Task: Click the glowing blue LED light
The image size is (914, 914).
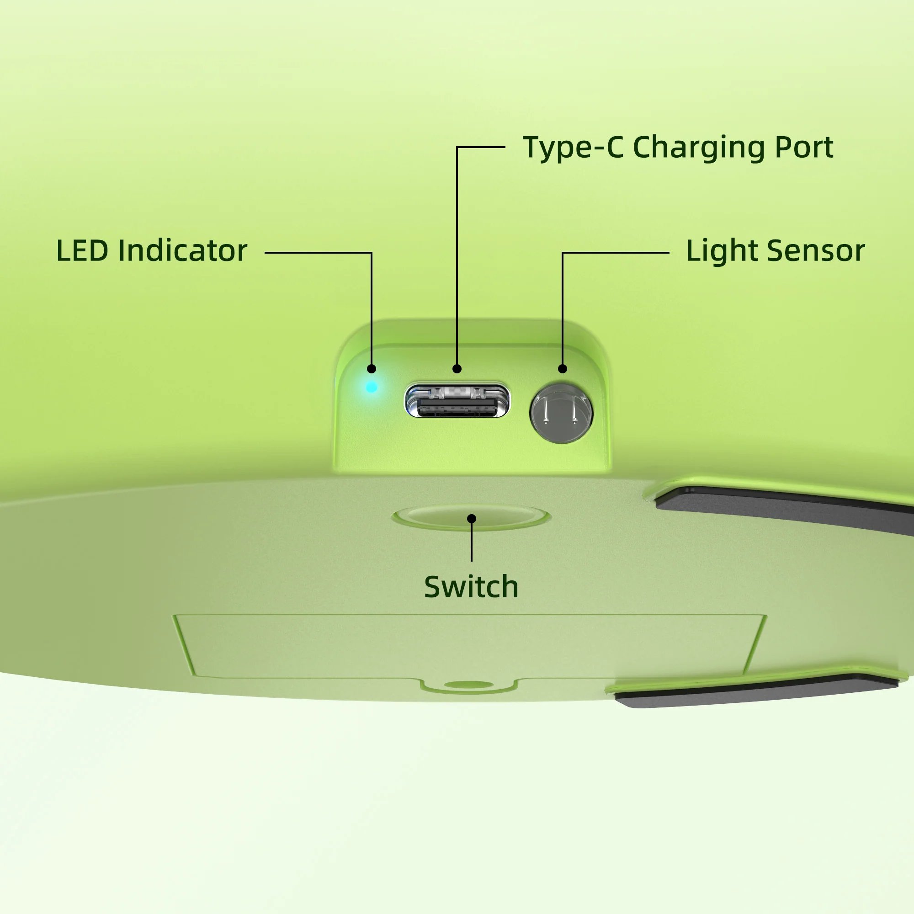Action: [372, 387]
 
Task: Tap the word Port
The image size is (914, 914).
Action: [804, 148]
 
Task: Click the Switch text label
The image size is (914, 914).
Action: [471, 587]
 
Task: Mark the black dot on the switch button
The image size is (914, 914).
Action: [472, 519]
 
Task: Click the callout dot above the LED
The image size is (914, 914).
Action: [372, 368]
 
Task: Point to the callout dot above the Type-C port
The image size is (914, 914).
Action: [457, 368]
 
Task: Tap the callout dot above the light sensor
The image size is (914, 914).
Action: [563, 368]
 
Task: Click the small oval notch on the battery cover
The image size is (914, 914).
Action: [468, 684]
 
